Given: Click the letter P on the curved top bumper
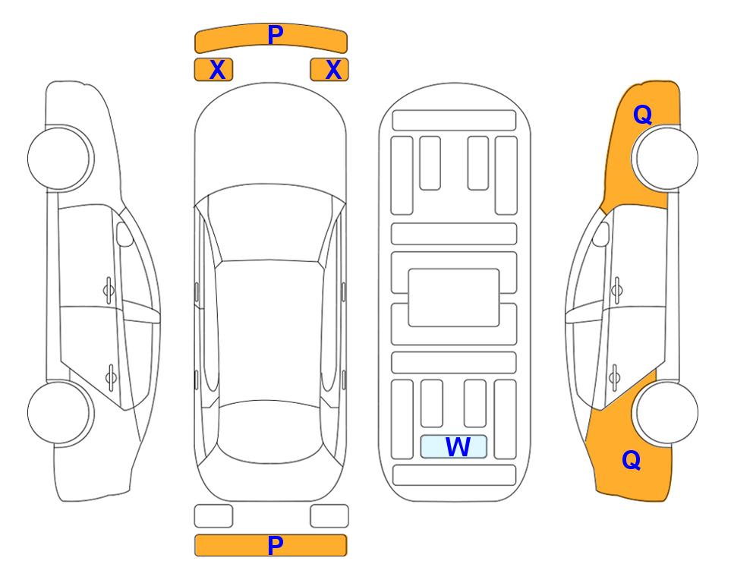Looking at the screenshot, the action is coord(276,34).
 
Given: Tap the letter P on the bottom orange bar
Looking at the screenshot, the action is coord(276,545).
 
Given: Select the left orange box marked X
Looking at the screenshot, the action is coord(213,70).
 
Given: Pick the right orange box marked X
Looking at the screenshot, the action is coord(329,70).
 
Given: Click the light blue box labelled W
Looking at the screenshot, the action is coord(454,447).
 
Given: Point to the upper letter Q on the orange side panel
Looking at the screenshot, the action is coord(642,115).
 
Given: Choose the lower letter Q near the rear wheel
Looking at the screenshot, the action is coord(632,460).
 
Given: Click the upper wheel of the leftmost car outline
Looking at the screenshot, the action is coord(60,158).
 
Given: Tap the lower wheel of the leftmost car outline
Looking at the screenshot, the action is coord(60,412).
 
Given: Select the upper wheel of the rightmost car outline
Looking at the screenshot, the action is coord(665,158).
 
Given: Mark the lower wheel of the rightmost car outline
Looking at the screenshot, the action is coord(665,412).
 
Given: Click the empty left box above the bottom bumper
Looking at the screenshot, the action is coord(213,516).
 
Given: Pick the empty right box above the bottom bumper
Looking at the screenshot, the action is coord(329,516).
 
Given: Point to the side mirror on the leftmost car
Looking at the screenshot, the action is coord(124,234).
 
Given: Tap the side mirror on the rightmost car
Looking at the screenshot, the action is coord(601,234).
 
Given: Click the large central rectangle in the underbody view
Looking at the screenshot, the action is coord(454,298).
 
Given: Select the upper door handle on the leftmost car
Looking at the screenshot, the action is coord(109,290).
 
